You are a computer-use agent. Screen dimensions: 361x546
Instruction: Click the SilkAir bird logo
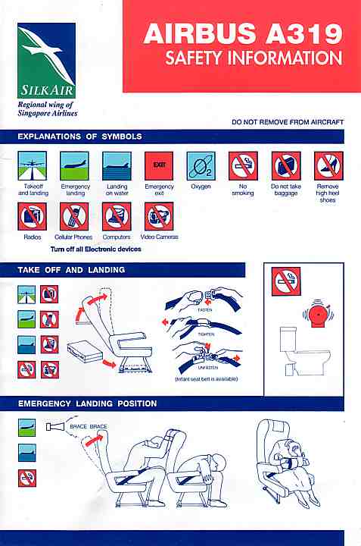point(47,61)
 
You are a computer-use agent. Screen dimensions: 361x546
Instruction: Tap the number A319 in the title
point(304,34)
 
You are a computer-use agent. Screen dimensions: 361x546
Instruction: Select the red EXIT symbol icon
point(159,166)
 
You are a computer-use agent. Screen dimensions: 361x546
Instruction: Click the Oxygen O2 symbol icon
point(201,166)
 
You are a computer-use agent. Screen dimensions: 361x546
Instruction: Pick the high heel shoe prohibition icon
point(328,166)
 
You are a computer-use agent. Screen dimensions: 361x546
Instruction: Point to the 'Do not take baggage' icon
point(286,166)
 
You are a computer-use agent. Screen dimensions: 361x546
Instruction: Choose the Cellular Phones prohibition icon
point(74,217)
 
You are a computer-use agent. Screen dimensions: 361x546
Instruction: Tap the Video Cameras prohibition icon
point(159,217)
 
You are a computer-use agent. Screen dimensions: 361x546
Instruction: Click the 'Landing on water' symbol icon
point(117,166)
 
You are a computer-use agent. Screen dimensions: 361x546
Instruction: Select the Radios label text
point(33,237)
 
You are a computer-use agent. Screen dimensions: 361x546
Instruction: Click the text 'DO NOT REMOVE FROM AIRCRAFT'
point(288,122)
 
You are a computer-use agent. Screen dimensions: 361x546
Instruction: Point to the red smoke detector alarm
point(318,313)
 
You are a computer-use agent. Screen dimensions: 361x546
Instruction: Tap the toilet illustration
point(305,351)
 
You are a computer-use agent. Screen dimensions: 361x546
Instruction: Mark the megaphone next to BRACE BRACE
point(55,426)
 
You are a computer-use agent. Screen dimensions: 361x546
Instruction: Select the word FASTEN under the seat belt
point(204,309)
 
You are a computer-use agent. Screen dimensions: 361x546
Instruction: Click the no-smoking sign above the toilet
point(286,281)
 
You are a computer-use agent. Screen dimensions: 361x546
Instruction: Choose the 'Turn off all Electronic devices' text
point(96,249)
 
